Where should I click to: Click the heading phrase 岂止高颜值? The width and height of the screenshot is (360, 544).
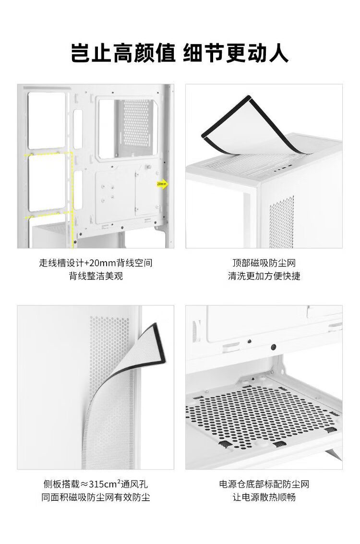pyautogui.click(x=123, y=53)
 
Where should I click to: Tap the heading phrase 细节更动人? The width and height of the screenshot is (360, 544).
pyautogui.click(x=236, y=53)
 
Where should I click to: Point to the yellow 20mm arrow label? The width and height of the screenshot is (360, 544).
pyautogui.click(x=162, y=184)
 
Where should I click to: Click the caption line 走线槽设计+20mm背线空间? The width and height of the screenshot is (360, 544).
pyautogui.click(x=96, y=263)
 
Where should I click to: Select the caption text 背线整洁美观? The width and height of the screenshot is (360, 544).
pyautogui.click(x=96, y=277)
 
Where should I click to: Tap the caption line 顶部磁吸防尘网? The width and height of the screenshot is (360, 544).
pyautogui.click(x=264, y=263)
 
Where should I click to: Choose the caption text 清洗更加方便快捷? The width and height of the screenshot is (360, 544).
pyautogui.click(x=264, y=277)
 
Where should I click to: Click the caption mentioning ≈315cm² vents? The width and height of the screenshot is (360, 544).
pyautogui.click(x=96, y=484)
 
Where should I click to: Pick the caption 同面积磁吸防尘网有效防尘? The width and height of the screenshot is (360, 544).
pyautogui.click(x=96, y=497)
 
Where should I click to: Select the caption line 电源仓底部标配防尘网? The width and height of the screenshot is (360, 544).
pyautogui.click(x=264, y=484)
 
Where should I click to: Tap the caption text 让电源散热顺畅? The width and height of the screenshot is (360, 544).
pyautogui.click(x=264, y=497)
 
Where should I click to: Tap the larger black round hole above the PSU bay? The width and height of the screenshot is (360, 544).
pyautogui.click(x=273, y=346)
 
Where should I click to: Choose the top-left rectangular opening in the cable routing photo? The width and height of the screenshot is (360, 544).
pyautogui.click(x=47, y=120)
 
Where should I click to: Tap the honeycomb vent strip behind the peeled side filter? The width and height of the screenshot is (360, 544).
pyautogui.click(x=109, y=351)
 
